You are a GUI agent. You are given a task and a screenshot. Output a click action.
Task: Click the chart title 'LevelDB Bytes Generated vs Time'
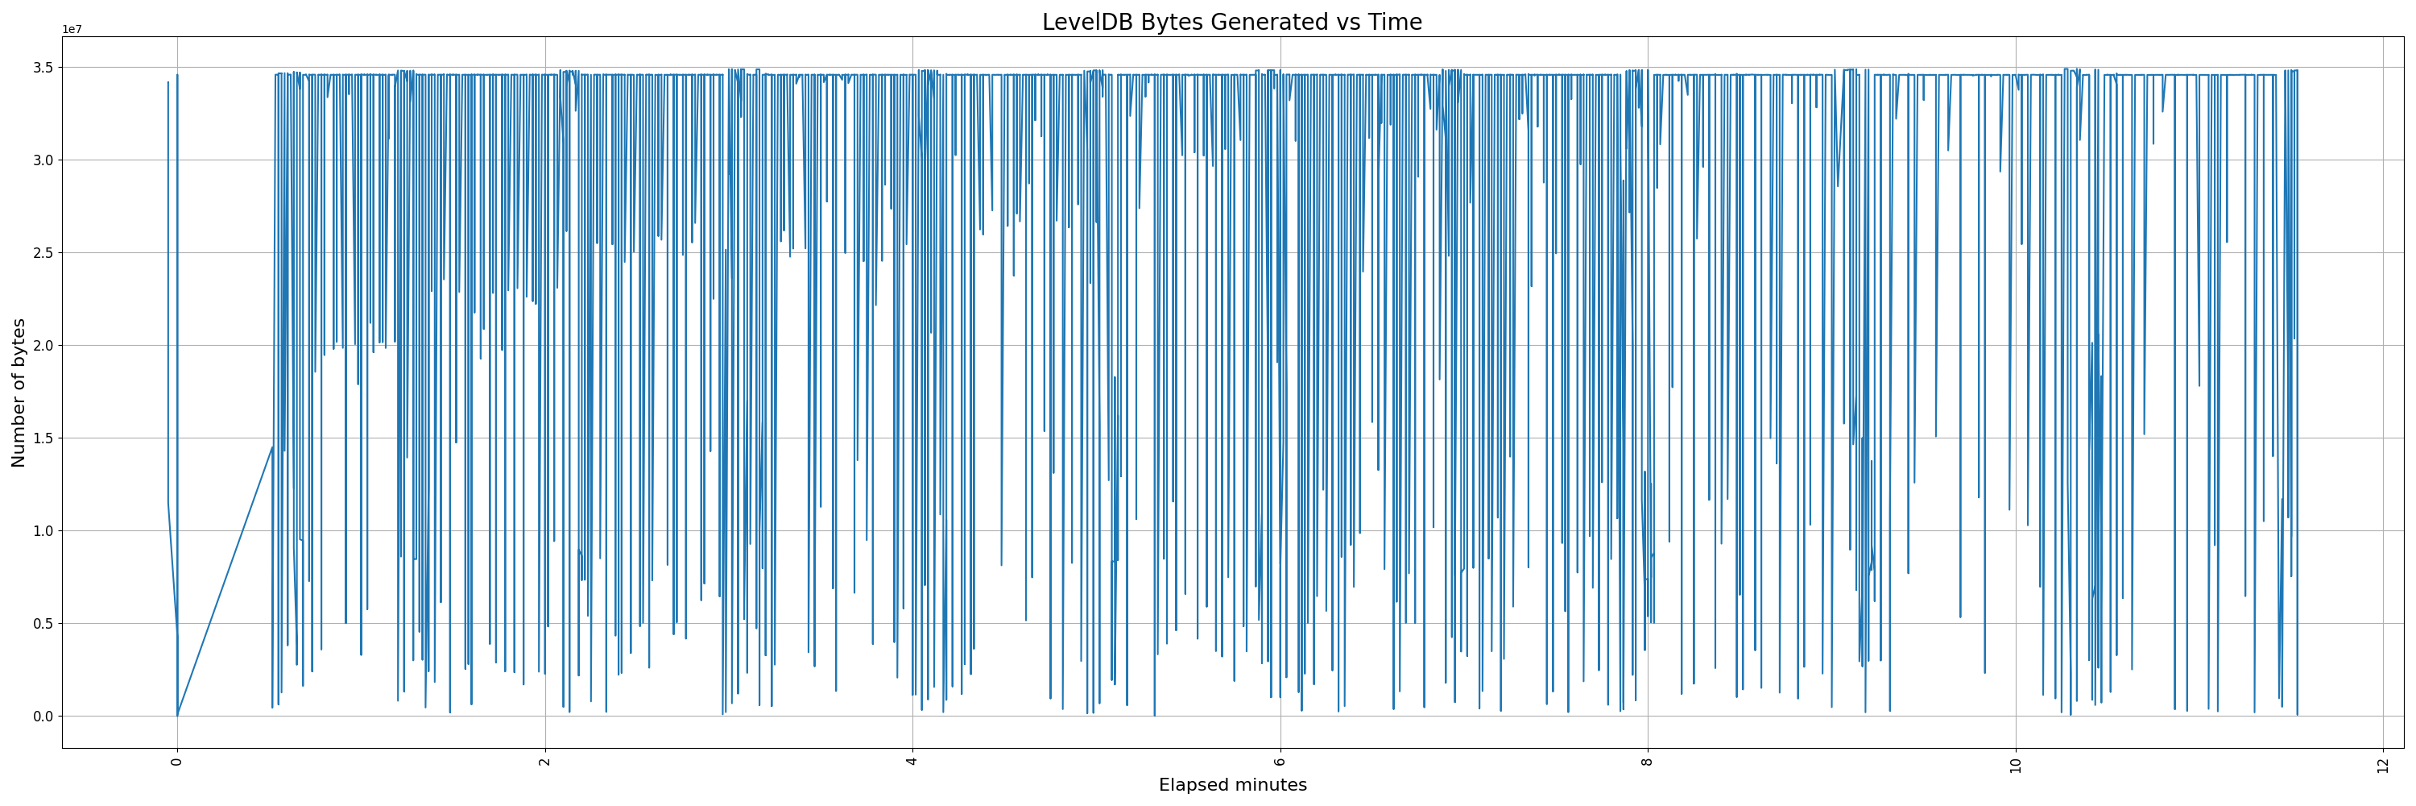[1231, 23]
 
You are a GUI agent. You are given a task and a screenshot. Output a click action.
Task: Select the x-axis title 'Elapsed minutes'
[1232, 785]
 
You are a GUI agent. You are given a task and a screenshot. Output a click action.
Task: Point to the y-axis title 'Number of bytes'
[19, 393]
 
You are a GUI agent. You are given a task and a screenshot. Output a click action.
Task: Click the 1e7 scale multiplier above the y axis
[72, 29]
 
